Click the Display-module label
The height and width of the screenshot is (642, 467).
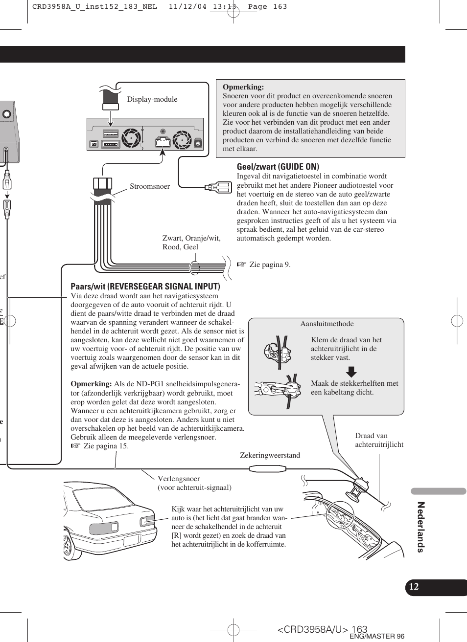coord(152,99)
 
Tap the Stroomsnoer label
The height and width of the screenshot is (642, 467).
coord(150,186)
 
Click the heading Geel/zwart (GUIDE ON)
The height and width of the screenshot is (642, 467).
coord(278,167)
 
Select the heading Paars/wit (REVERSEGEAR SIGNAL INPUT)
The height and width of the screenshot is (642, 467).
coord(145,287)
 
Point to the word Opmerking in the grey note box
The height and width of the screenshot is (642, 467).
coord(243,87)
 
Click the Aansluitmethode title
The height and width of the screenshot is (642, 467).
coord(327,324)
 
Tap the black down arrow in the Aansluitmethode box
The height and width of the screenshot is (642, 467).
coord(351,372)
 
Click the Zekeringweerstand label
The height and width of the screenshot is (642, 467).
coord(270,455)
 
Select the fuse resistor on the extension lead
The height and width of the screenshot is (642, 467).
coord(267,469)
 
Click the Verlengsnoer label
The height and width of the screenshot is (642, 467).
coord(179,479)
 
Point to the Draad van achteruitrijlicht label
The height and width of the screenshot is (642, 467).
coord(379,440)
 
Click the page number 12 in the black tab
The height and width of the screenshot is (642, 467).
coord(414,587)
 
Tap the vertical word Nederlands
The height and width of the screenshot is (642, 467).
coord(420,527)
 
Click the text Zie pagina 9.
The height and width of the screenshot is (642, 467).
coord(270,265)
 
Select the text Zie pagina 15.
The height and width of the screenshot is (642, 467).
coord(106,446)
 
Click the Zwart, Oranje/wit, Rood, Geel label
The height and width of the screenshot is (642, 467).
coord(191,243)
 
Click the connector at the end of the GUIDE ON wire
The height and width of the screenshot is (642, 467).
coord(218,187)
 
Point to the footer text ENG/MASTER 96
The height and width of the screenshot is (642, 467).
coord(376,636)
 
